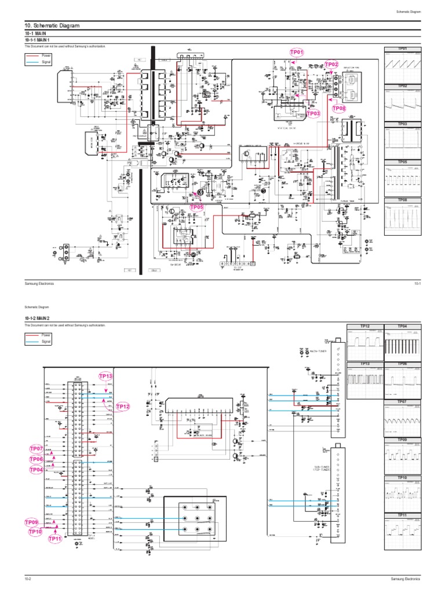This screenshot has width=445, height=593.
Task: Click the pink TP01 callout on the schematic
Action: coord(297,53)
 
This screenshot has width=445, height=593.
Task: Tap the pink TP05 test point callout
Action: coord(197,207)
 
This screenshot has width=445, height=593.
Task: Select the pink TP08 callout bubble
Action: coord(339,108)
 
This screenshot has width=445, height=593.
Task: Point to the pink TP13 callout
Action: coord(106,376)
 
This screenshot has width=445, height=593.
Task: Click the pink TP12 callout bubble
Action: coord(123,407)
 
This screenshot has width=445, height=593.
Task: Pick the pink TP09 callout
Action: coord(32,522)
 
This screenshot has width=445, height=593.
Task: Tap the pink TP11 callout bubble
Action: coord(56,539)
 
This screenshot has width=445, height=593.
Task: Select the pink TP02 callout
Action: coord(331,64)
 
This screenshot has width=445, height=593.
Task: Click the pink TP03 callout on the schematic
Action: coord(313,114)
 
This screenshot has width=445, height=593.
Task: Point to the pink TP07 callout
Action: coord(37,449)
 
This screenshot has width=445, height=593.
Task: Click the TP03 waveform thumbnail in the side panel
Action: coord(402,140)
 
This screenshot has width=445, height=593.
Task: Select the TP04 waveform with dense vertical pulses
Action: coord(402,342)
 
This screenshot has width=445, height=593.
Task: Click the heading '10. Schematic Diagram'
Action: coord(51,26)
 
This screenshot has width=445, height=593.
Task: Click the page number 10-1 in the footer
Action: coord(417,283)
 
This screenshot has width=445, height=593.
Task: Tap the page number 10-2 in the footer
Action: coord(27,579)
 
